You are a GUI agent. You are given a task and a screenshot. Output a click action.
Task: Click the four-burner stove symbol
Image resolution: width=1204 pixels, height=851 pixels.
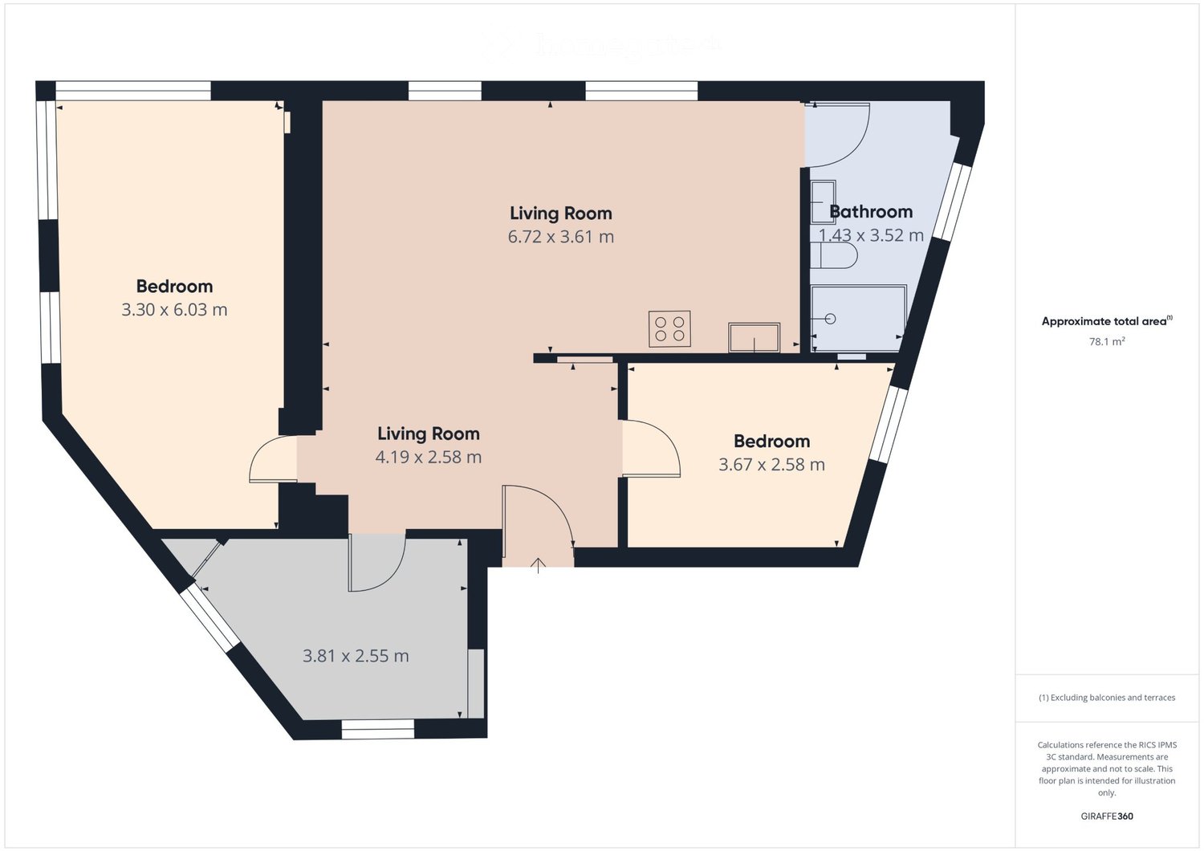pos(669,329)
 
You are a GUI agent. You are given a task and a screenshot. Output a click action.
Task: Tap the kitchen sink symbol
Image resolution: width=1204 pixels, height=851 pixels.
pos(754,337)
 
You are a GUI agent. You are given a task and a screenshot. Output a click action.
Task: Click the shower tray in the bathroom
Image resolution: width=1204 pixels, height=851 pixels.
pos(858,318)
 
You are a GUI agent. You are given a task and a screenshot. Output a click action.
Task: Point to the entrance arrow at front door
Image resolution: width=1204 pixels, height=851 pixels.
pos(538,566)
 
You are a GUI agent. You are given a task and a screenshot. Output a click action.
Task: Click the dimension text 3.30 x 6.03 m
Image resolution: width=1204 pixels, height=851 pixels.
pos(174,310)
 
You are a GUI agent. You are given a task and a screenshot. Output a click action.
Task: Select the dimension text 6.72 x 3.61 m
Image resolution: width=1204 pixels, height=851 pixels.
pos(560,237)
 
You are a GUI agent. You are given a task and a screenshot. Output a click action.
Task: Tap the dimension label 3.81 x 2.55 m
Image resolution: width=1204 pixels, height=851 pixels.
pos(356,656)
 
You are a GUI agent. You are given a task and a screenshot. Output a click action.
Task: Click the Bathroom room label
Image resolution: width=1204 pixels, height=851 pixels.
pos(871,212)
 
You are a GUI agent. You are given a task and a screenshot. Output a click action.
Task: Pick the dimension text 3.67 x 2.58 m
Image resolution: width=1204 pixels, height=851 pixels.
pos(771,465)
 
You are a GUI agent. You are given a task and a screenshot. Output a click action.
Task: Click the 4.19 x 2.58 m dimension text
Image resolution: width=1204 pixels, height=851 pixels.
pos(428,458)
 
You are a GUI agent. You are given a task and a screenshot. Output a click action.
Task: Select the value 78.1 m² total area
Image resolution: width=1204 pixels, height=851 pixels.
pos(1106,341)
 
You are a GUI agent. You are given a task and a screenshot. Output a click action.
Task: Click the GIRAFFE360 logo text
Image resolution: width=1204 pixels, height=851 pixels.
pos(1107,816)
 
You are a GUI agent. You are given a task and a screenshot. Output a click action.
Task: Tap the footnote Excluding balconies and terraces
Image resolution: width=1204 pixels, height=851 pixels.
pos(1107,698)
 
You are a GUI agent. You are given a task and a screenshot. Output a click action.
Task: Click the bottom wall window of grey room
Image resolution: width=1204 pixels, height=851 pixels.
pos(377,729)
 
